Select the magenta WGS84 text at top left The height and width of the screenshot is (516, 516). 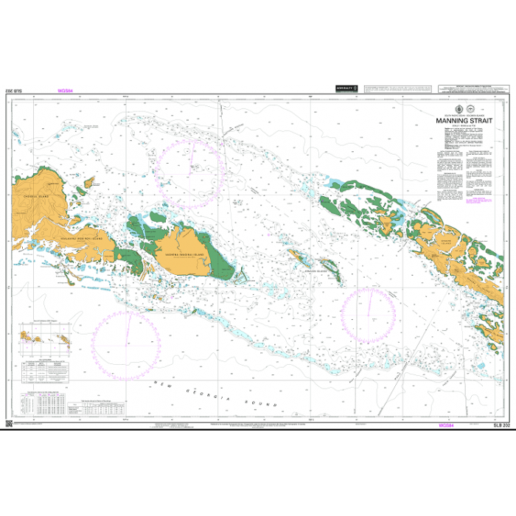[66, 92]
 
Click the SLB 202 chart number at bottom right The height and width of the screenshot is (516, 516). [501, 425]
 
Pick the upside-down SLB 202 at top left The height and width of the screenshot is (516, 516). [15, 92]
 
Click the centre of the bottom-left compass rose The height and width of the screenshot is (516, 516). [127, 342]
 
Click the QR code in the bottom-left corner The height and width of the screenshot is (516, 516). [9, 425]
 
